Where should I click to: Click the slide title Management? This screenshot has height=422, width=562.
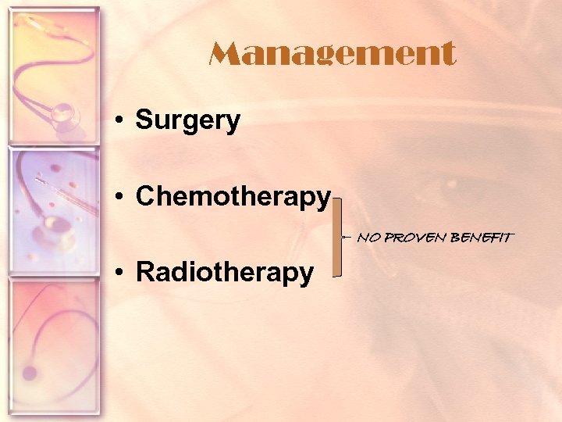click(332, 55)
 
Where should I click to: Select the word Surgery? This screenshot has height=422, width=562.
click(187, 120)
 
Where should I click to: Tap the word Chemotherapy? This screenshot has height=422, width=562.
click(233, 197)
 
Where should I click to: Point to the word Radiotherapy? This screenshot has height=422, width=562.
click(225, 272)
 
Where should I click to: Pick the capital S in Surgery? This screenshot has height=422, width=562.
click(144, 120)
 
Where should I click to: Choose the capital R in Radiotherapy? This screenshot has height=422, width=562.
click(145, 272)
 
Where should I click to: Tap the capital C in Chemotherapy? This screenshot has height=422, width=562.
click(146, 197)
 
